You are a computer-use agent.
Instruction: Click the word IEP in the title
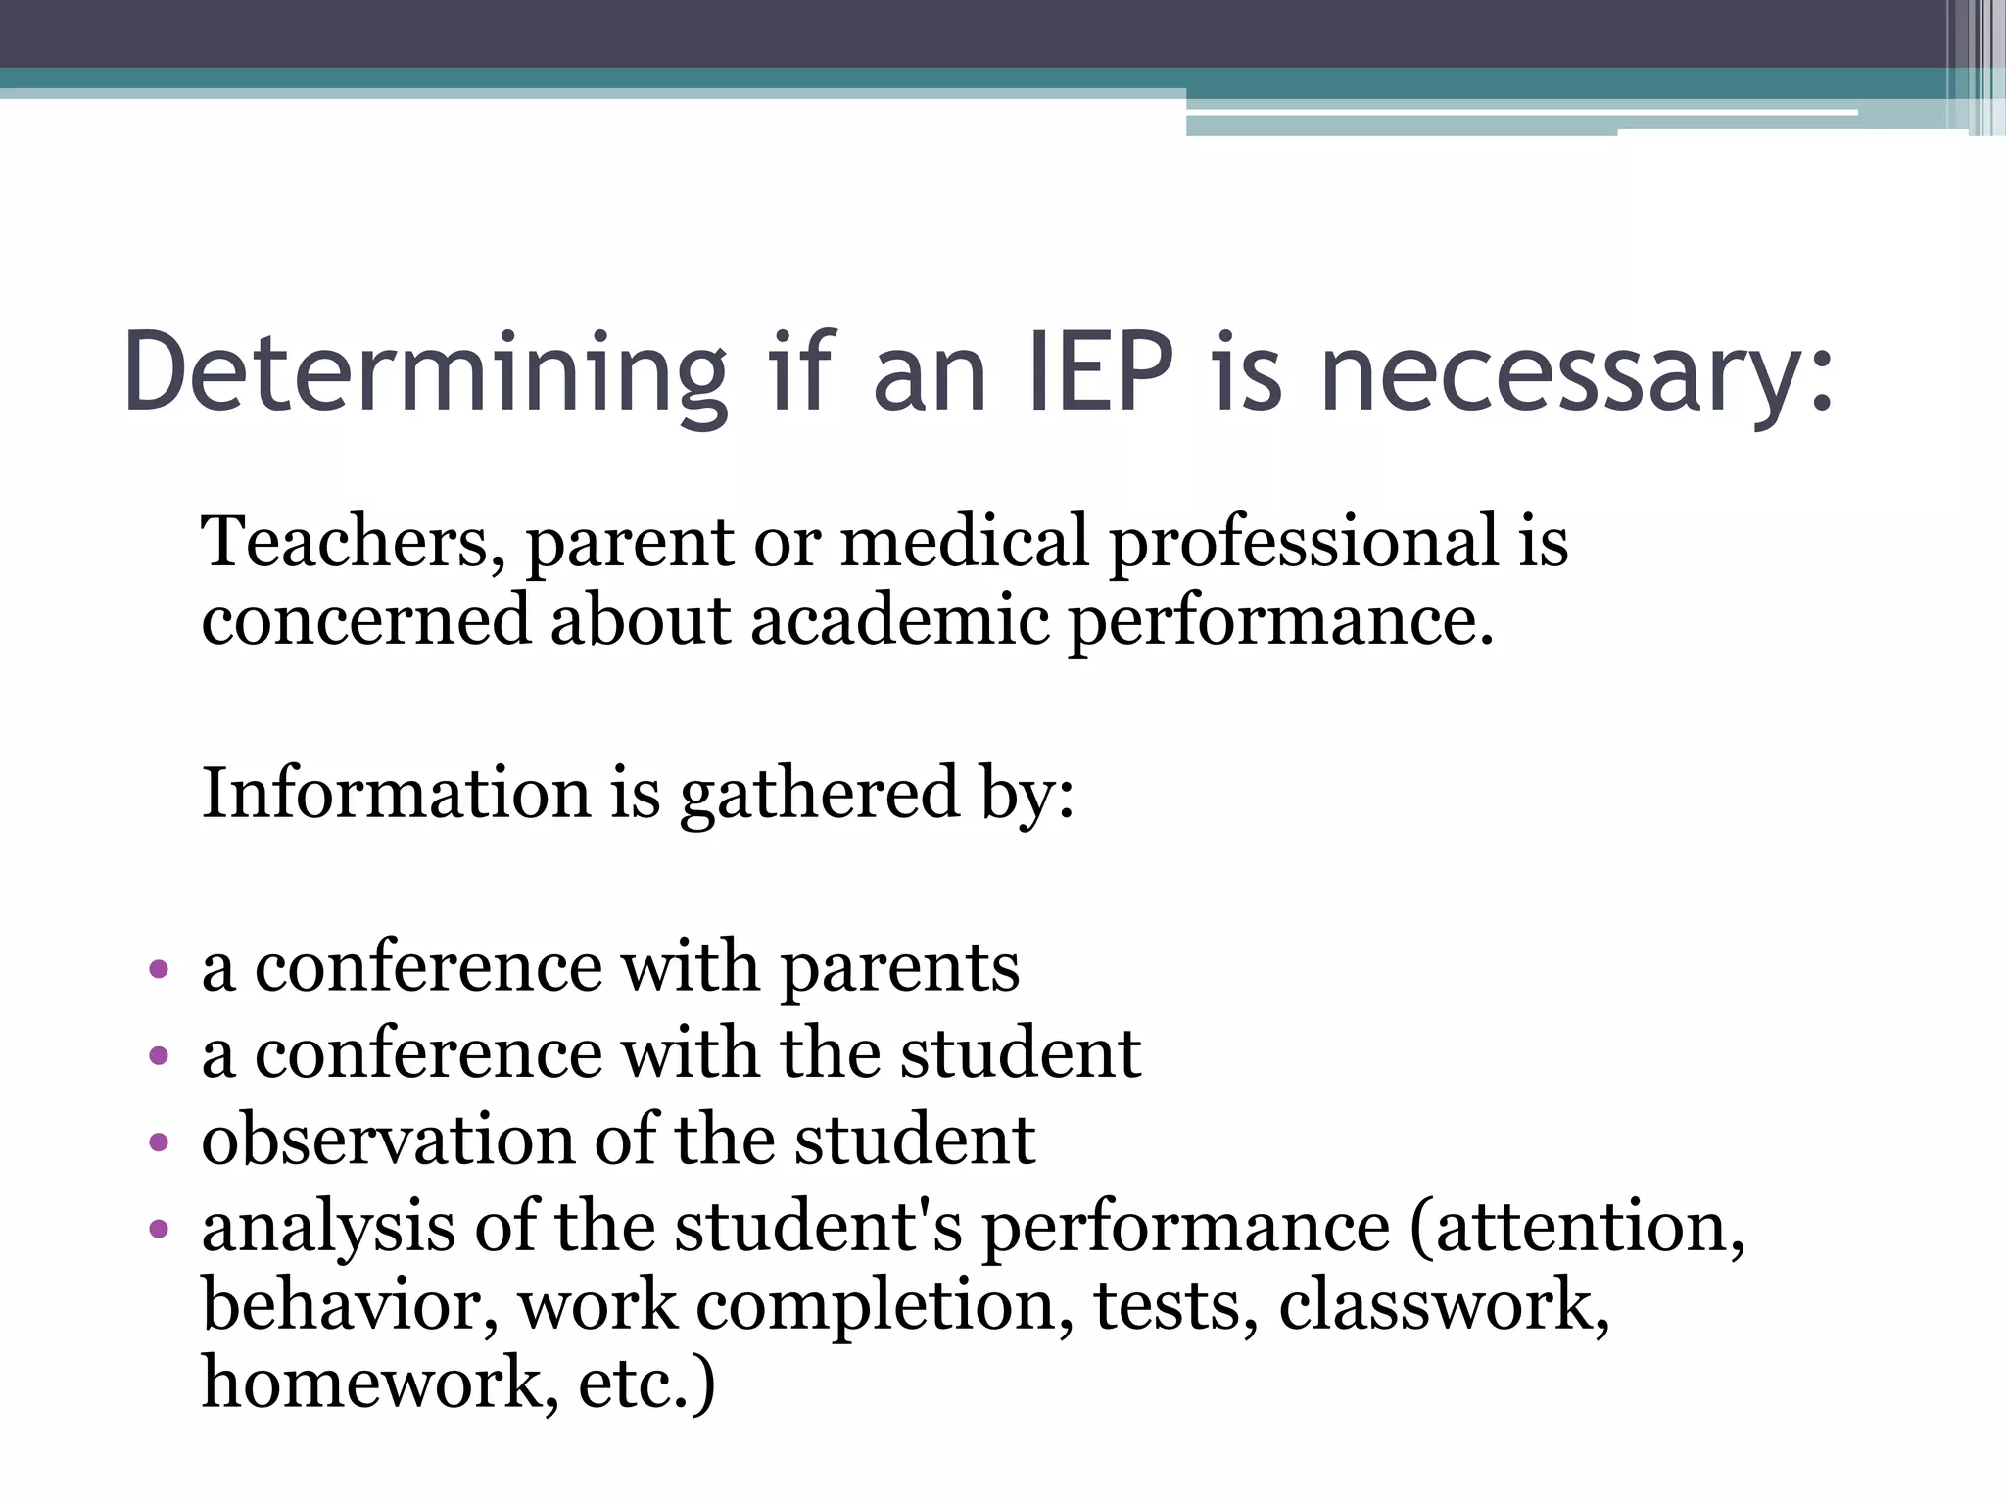[x=1101, y=372]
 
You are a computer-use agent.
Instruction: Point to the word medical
[x=964, y=541]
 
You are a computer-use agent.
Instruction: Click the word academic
[x=899, y=621]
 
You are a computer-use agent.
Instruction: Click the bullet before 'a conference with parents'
[x=159, y=970]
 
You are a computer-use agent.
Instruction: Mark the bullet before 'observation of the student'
[x=159, y=1142]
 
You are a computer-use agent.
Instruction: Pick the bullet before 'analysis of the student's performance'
[x=159, y=1229]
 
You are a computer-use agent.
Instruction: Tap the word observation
[x=388, y=1141]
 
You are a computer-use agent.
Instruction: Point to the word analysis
[x=328, y=1229]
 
